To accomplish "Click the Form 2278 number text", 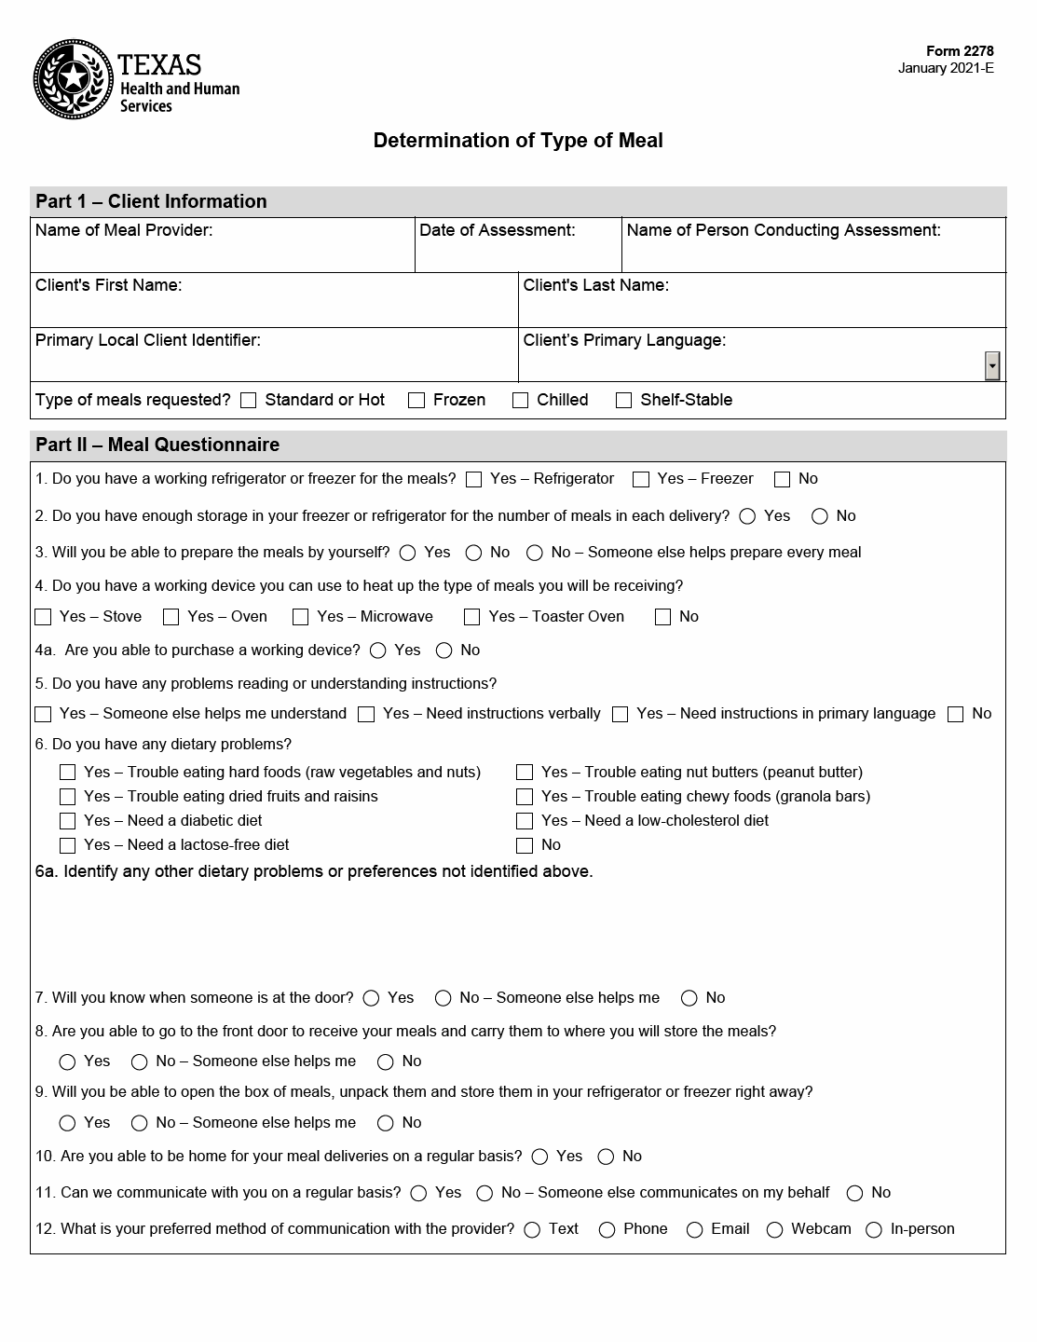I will pyautogui.click(x=959, y=51).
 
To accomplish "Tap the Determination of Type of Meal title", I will pyautogui.click(x=518, y=141).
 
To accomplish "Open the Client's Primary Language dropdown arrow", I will pyautogui.click(x=992, y=366).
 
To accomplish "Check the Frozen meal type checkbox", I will pyautogui.click(x=416, y=401).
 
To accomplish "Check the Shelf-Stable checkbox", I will pyautogui.click(x=624, y=401).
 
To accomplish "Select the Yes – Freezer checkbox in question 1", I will pyautogui.click(x=641, y=479).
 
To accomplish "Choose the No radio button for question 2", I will pyautogui.click(x=820, y=516).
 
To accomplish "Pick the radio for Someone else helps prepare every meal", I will pyautogui.click(x=535, y=553).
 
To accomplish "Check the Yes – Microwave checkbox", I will pyautogui.click(x=300, y=617).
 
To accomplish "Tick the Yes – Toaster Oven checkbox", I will pyautogui.click(x=472, y=617).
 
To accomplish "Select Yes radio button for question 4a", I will pyautogui.click(x=378, y=650).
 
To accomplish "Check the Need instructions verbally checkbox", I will pyautogui.click(x=366, y=714).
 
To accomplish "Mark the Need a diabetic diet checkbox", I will pyautogui.click(x=67, y=821).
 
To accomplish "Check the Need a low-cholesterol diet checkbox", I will pyautogui.click(x=525, y=821).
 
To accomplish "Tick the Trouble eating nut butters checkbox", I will pyautogui.click(x=525, y=773).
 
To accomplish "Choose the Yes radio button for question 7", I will pyautogui.click(x=371, y=998).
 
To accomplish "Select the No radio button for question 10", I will pyautogui.click(x=606, y=1157).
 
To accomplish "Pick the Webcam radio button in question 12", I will pyautogui.click(x=774, y=1230).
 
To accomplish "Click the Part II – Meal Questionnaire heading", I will pyautogui.click(x=157, y=445).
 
